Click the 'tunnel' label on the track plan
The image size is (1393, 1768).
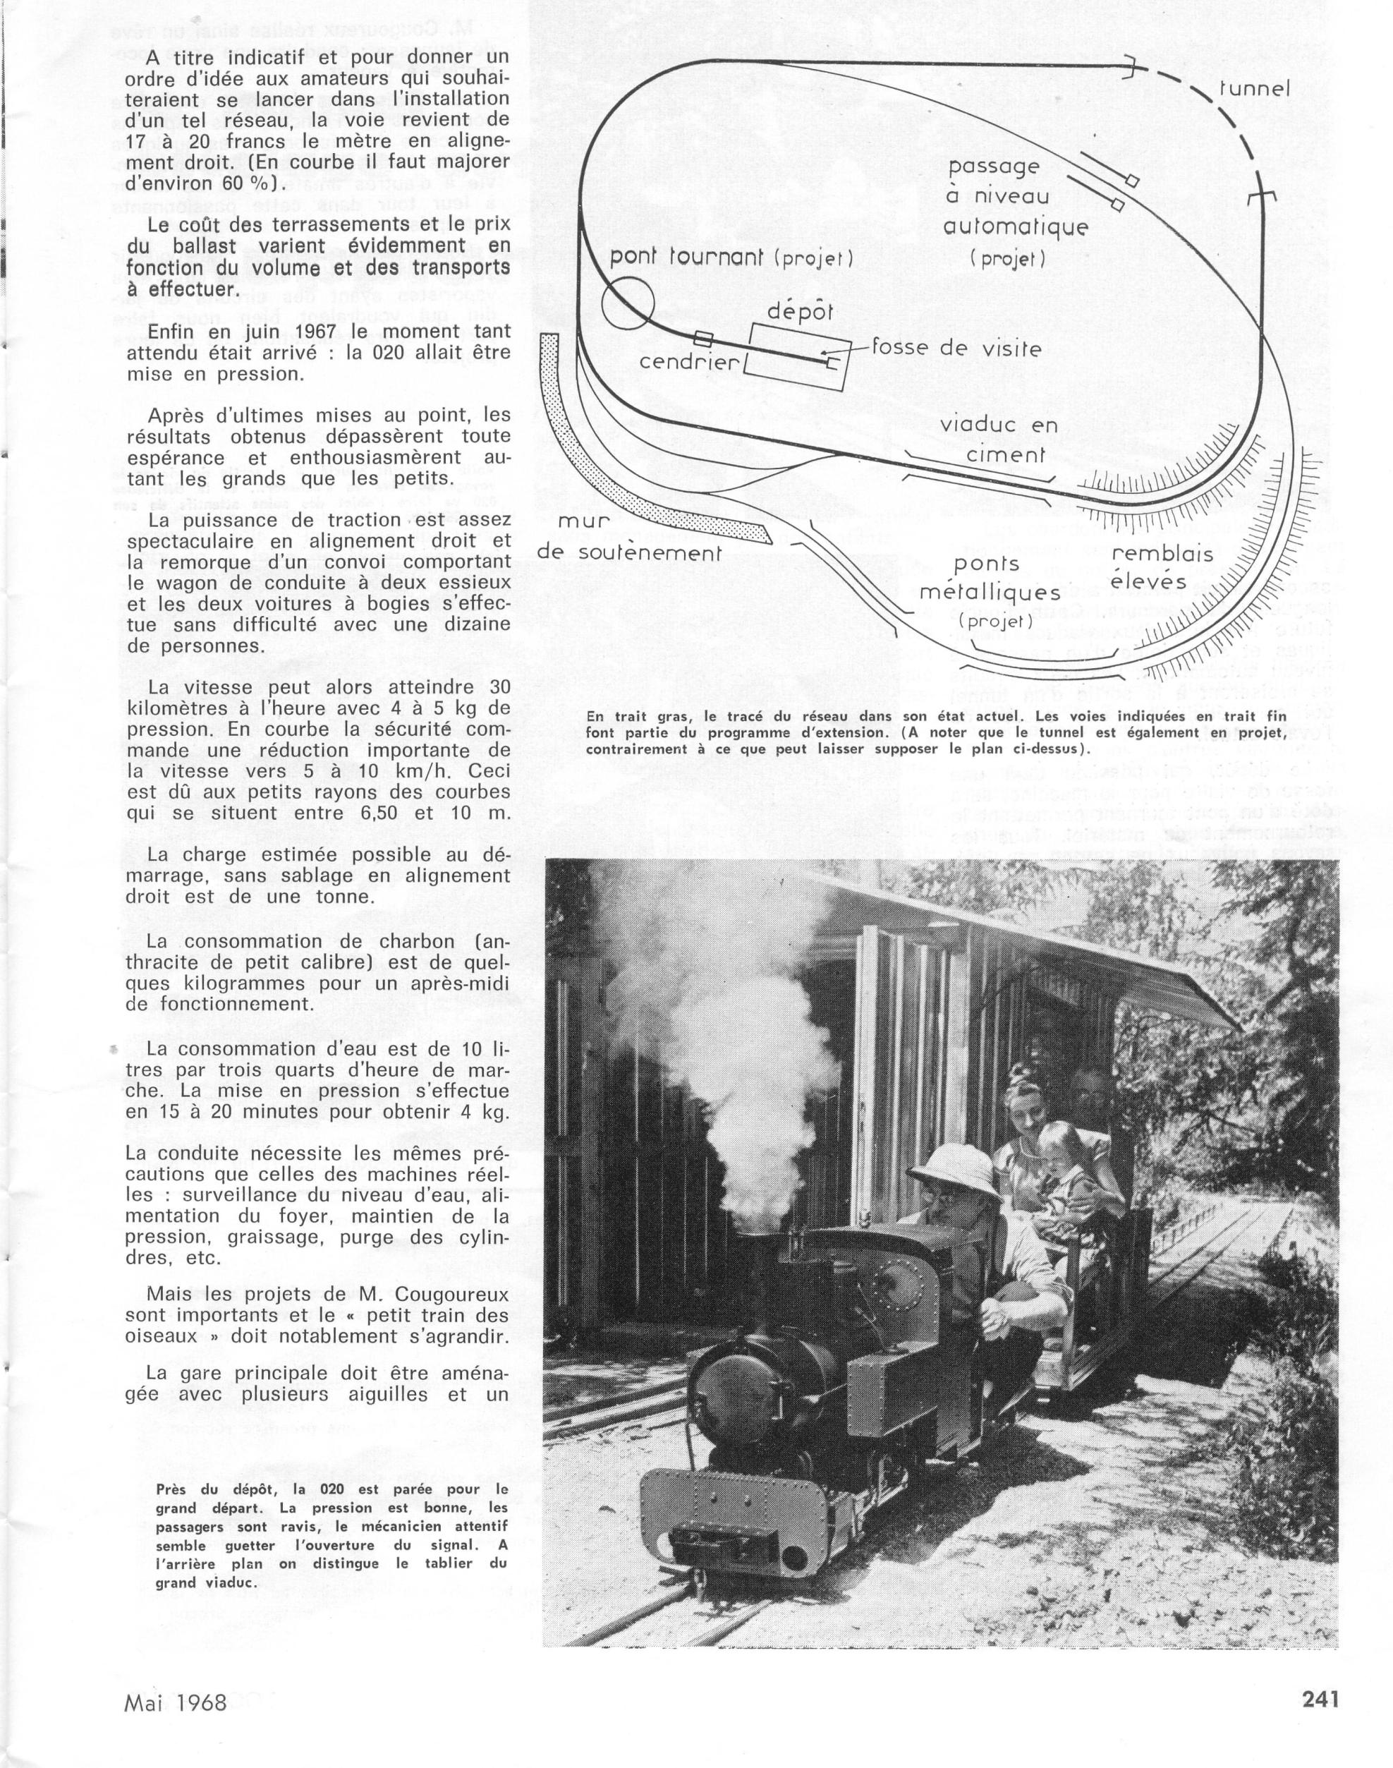coord(1253,88)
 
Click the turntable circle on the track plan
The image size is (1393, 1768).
coord(628,301)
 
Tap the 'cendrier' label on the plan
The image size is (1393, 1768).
coord(689,361)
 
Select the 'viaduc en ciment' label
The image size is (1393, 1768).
coord(998,440)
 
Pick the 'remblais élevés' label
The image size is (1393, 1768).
coord(1163,567)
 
